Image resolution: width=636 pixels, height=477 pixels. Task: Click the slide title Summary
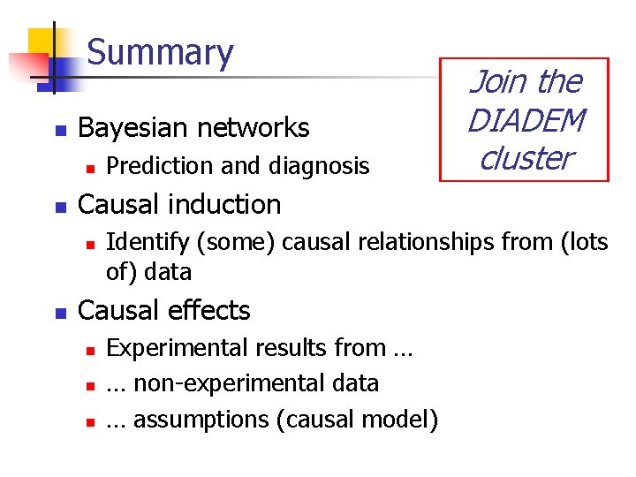pos(160,53)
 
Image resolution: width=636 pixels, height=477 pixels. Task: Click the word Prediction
pos(153,166)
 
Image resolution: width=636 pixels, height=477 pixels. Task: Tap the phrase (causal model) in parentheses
pos(357,419)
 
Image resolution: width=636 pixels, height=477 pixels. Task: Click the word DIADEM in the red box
pos(526,120)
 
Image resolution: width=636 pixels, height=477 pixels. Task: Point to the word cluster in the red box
pos(526,158)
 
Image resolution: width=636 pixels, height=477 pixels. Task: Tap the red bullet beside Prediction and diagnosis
pos(87,167)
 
